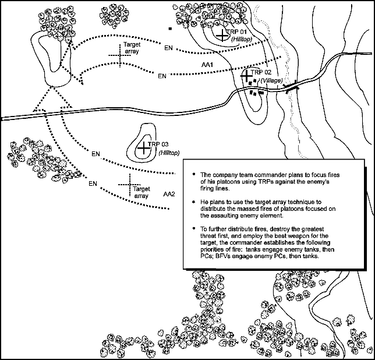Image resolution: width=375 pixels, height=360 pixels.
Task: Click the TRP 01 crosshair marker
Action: tap(222, 34)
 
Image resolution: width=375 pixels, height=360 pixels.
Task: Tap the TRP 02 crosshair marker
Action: tap(247, 76)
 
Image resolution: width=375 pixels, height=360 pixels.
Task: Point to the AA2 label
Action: tap(169, 193)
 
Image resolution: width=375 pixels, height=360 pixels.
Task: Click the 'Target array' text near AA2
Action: tap(141, 193)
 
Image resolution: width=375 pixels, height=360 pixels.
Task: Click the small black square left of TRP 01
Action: tap(169, 27)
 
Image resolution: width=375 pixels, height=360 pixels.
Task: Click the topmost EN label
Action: tap(168, 48)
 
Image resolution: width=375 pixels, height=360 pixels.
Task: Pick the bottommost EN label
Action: tap(92, 183)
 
